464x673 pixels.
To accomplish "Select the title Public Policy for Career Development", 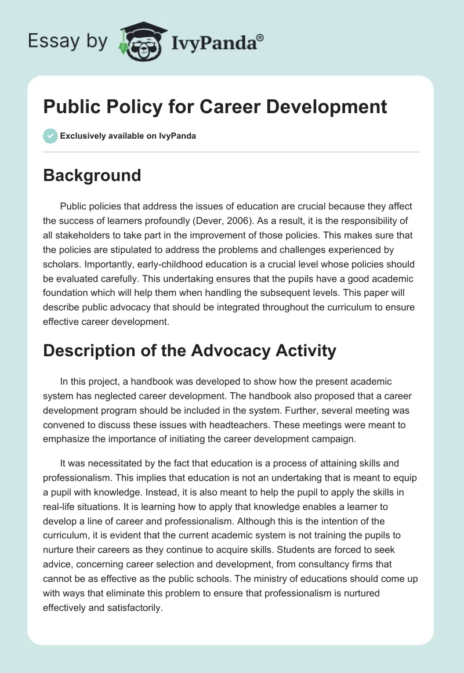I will click(x=215, y=107).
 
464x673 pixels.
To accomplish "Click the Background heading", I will click(x=92, y=175).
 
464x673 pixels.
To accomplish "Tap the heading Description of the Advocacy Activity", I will click(x=190, y=350).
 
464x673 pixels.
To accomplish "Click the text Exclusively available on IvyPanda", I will click(x=128, y=136).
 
